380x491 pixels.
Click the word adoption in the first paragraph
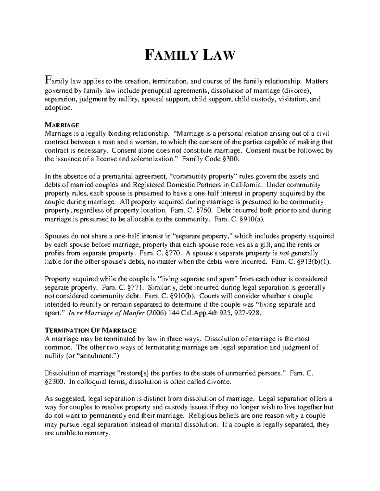click(x=58, y=108)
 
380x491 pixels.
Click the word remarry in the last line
click(x=98, y=433)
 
